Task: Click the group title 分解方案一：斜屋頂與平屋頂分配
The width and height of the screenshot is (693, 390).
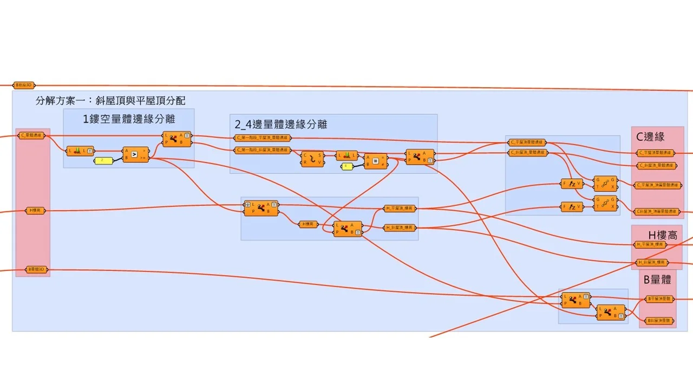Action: click(x=110, y=101)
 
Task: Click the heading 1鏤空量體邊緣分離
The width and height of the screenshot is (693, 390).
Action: click(x=129, y=119)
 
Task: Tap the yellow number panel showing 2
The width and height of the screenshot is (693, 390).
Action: click(x=102, y=161)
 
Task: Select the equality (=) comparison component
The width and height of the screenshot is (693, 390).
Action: click(x=375, y=161)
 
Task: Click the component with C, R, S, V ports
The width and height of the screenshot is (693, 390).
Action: click(x=312, y=159)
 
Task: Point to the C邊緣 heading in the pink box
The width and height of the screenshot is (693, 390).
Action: click(x=650, y=137)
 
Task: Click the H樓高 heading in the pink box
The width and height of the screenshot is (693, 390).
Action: click(x=663, y=235)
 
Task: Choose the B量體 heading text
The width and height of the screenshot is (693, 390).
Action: click(x=657, y=279)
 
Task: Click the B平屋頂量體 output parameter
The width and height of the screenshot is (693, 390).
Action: click(x=660, y=298)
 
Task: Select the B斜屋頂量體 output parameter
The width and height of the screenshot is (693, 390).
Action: click(x=660, y=321)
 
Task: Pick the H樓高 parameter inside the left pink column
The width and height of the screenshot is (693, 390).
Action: click(x=36, y=210)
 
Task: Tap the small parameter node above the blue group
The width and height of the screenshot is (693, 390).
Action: click(x=24, y=85)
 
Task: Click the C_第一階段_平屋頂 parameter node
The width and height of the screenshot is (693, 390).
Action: click(x=262, y=138)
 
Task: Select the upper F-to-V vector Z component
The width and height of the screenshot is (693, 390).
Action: click(x=572, y=184)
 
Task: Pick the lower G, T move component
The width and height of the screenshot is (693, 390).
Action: click(x=605, y=203)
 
